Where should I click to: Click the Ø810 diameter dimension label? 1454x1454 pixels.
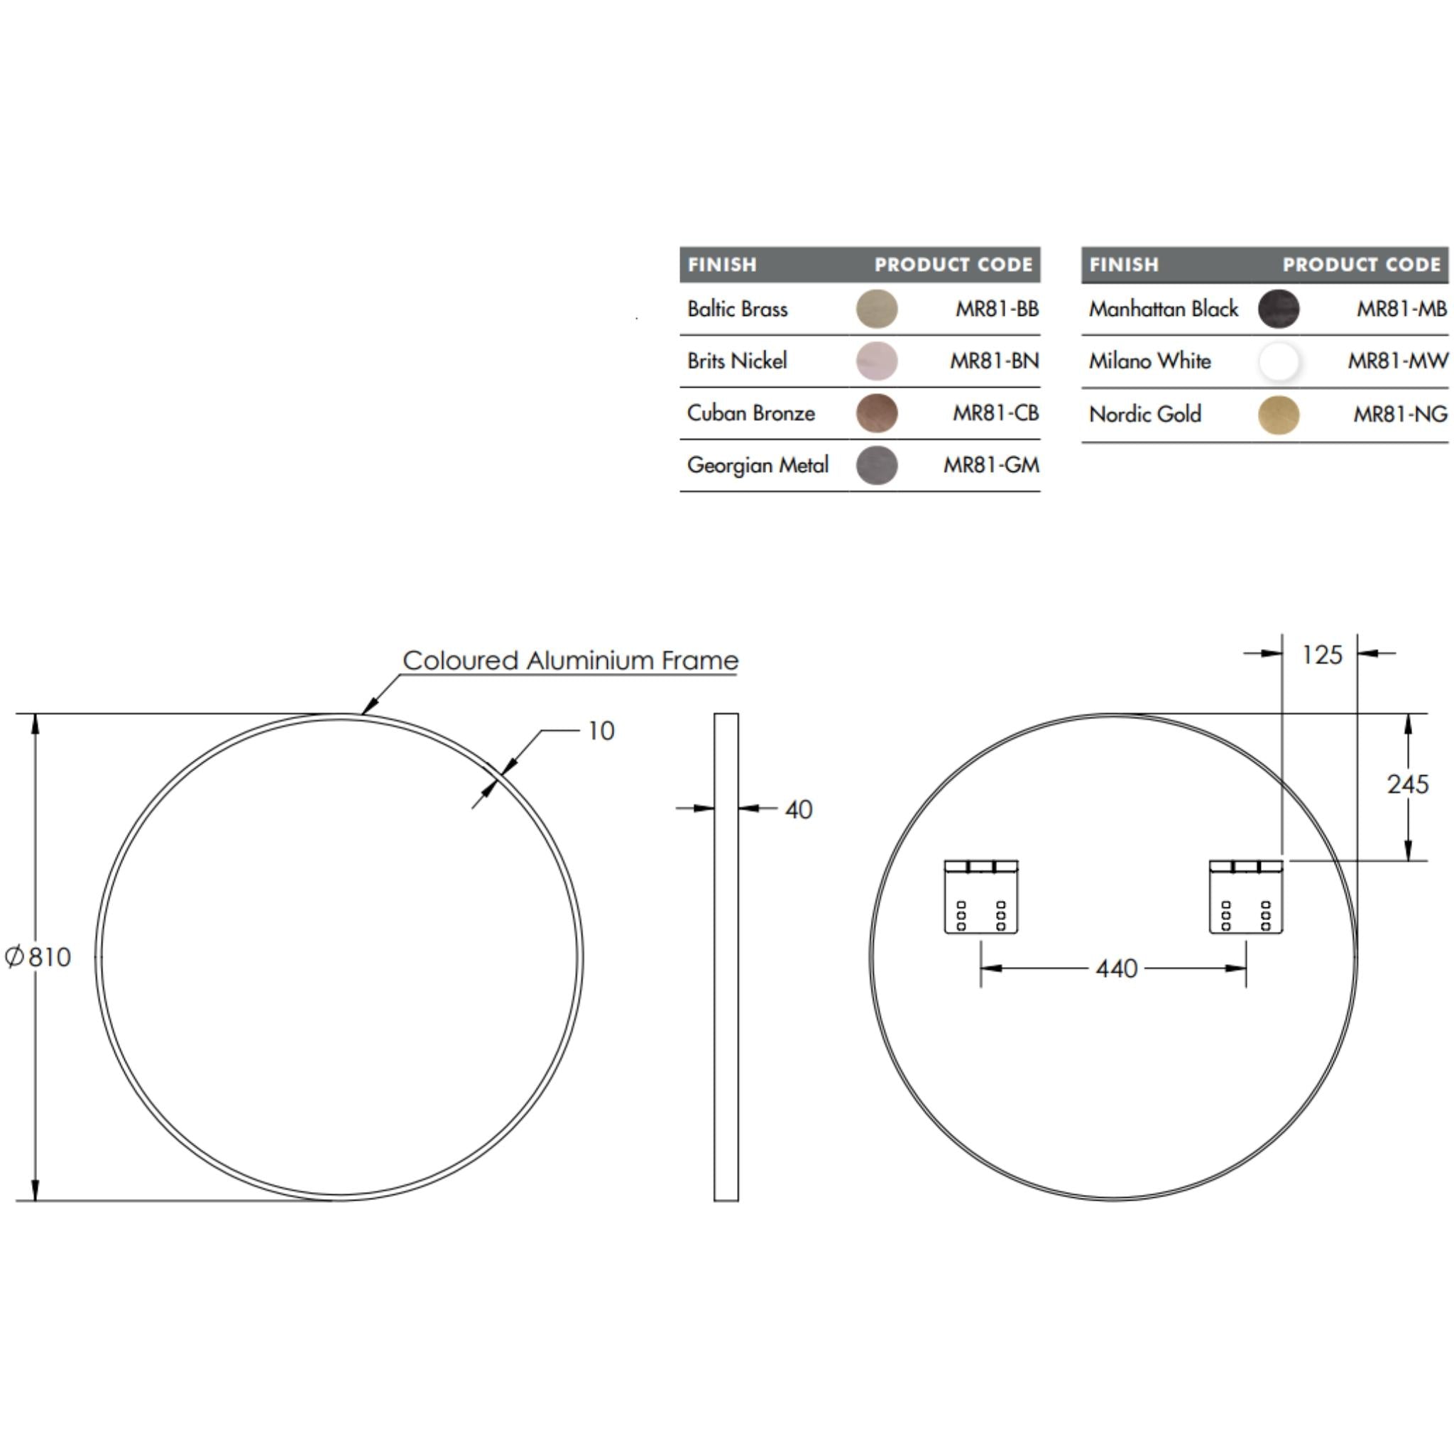point(39,956)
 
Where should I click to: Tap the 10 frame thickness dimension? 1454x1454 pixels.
point(601,731)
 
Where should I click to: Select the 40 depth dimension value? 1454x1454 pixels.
point(799,810)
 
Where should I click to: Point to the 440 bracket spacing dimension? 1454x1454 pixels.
point(1117,968)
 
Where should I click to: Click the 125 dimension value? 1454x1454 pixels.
point(1321,655)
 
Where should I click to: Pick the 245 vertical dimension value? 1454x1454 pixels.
point(1407,785)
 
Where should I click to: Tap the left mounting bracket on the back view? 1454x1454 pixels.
point(981,897)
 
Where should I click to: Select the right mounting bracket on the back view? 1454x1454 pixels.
point(1245,897)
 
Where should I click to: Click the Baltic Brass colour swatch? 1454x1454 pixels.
point(877,309)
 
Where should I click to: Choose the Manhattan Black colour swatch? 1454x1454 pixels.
point(1278,309)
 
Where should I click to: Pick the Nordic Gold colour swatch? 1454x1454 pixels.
point(1278,415)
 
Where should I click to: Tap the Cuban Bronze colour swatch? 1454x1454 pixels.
point(877,413)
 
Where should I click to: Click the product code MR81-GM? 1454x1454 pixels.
point(991,465)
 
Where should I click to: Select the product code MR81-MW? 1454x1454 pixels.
point(1397,361)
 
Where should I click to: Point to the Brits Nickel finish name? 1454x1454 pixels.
point(737,361)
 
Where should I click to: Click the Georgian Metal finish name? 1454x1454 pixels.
point(757,465)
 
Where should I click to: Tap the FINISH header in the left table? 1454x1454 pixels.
point(722,265)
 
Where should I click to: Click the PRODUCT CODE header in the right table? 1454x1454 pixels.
point(1362,265)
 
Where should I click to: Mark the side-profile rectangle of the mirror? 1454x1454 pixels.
point(726,956)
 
